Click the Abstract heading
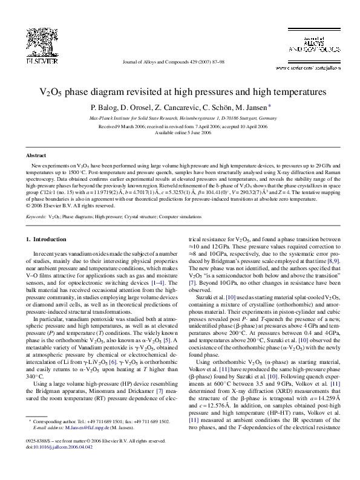[x=38, y=155]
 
